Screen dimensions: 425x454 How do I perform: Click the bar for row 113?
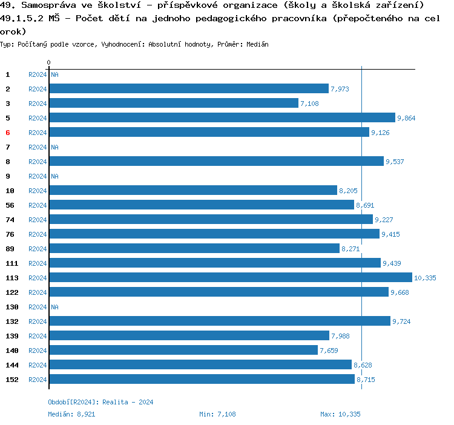point(230,277)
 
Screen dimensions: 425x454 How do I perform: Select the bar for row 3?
point(174,103)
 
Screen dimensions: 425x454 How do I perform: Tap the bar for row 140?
point(183,350)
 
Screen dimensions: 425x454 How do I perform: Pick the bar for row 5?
point(222,117)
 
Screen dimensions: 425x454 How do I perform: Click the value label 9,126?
point(380,133)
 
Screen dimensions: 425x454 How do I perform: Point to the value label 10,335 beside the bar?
point(424,278)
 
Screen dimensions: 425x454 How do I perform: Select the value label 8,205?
point(348,191)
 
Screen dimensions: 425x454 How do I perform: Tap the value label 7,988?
point(340,336)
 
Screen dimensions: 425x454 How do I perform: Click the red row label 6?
point(8,133)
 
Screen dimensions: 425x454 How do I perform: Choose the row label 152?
point(12,380)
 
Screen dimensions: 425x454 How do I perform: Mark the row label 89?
point(10,249)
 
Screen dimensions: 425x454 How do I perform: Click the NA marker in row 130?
point(54,307)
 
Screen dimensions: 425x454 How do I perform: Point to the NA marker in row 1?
point(54,74)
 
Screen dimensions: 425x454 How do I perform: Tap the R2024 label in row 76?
point(38,234)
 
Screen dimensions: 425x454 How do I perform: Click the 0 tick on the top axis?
point(48,62)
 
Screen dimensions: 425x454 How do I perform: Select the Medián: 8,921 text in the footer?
point(71,414)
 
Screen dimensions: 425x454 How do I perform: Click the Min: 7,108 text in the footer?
point(217,414)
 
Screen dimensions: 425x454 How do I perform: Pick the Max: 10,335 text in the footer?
point(340,414)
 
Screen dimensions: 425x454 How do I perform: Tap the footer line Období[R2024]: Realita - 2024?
point(100,402)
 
